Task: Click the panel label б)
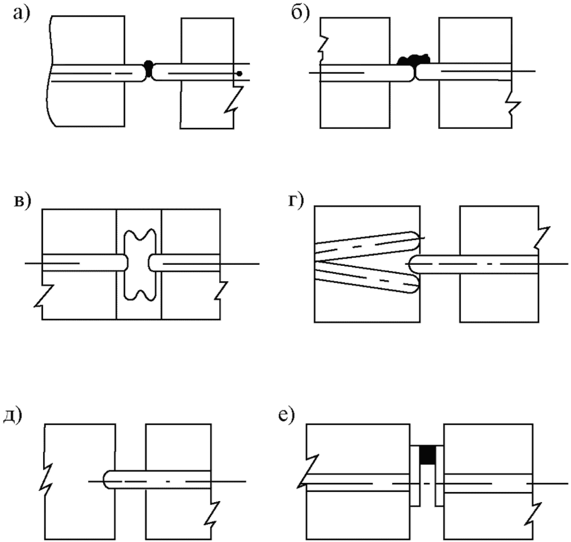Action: click(x=300, y=12)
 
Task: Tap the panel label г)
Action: click(x=297, y=203)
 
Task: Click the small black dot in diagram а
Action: click(x=240, y=73)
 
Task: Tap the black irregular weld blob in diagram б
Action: click(x=414, y=59)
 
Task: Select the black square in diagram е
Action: click(x=427, y=455)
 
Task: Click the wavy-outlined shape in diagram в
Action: click(x=139, y=264)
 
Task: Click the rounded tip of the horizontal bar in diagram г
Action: click(x=414, y=264)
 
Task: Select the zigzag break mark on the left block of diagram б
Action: click(x=322, y=47)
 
